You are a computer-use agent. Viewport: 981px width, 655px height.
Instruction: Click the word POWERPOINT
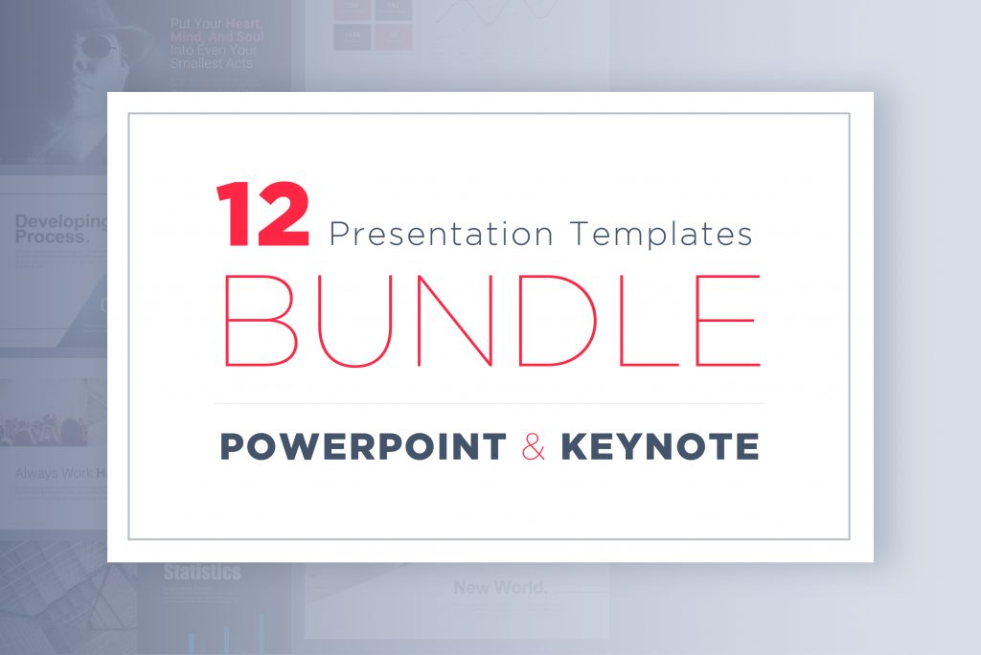(x=364, y=446)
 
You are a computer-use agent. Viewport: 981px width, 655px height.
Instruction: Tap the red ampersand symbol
(x=534, y=447)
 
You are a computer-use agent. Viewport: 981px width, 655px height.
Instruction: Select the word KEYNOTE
(x=660, y=446)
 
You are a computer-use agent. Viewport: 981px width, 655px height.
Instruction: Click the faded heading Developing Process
(x=59, y=229)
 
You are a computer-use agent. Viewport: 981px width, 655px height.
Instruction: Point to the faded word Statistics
(x=201, y=573)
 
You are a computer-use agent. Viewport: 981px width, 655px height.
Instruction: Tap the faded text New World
(x=499, y=587)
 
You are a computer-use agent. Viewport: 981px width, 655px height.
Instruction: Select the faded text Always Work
(x=54, y=473)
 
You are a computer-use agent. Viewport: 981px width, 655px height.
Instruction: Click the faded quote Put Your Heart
(x=217, y=22)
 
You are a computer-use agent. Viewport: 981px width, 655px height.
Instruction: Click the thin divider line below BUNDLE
(x=489, y=403)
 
